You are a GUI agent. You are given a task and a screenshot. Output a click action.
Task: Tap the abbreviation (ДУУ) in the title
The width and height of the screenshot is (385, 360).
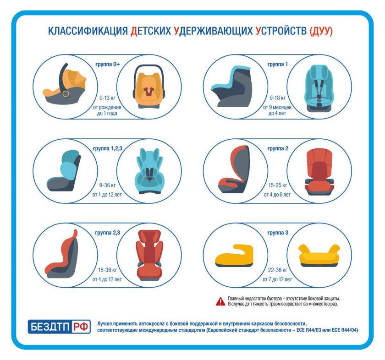pos(321,31)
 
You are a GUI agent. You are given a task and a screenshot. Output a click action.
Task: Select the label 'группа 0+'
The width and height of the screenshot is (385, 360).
pos(107,65)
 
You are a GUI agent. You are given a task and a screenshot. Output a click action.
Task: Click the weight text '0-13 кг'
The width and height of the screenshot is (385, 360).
pos(107,98)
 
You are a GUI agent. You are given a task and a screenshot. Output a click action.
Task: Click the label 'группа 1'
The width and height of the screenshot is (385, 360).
pos(277,65)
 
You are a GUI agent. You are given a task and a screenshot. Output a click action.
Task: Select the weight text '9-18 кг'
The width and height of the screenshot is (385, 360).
pos(278,98)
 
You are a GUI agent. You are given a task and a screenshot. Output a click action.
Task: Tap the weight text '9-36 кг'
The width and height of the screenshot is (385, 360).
pos(107,185)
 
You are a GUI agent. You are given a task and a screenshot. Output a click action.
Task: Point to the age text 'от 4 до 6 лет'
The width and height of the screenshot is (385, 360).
pos(277,195)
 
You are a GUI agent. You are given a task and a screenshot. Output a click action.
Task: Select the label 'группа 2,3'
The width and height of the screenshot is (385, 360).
pos(107,233)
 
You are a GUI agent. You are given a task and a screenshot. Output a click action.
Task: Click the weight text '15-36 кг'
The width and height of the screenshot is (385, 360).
pos(107,270)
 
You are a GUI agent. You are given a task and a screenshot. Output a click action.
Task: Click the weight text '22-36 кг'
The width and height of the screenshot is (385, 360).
pos(278,270)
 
